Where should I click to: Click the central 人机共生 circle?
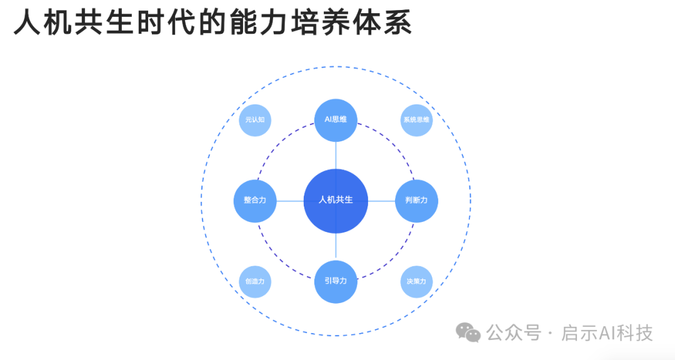(x=336, y=200)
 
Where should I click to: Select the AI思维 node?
(x=336, y=119)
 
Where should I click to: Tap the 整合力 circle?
(x=255, y=201)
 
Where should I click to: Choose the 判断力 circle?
(x=416, y=201)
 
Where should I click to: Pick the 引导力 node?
(x=336, y=281)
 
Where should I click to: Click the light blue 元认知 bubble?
(x=255, y=119)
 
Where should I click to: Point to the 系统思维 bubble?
(x=416, y=119)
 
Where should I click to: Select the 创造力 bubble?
(x=255, y=281)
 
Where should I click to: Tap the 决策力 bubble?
(x=416, y=281)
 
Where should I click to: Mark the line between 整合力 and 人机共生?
(x=290, y=201)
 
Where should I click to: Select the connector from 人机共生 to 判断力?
(x=381, y=201)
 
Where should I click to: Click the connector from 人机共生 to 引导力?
(x=336, y=246)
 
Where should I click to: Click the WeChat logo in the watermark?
(x=468, y=333)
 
